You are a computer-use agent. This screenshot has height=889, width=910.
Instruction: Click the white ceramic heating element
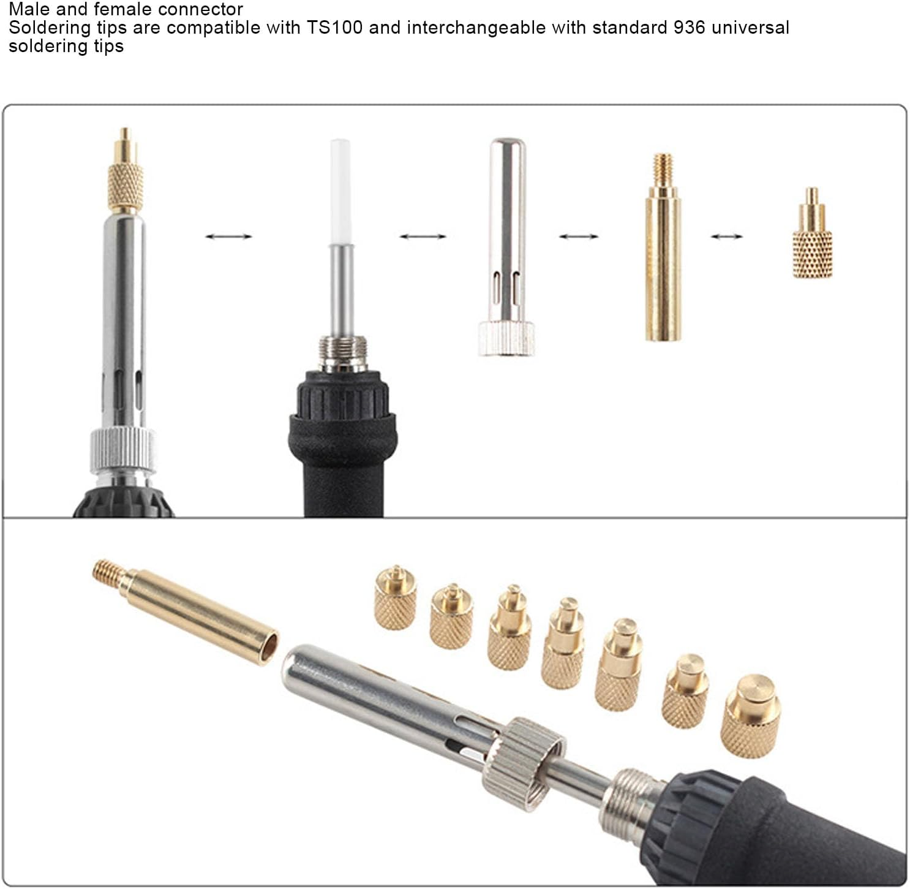[340, 191]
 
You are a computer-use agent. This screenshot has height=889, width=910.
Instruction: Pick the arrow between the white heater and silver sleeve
[423, 236]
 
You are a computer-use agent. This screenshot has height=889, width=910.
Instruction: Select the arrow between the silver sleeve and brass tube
[578, 236]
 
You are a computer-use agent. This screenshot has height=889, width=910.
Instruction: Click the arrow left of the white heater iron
[228, 236]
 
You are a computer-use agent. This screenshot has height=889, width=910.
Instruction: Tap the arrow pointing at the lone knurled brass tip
[726, 236]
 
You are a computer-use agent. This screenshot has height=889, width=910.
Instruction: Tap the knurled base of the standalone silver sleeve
[506, 339]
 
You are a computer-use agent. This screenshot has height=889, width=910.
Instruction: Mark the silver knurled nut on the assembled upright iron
[123, 450]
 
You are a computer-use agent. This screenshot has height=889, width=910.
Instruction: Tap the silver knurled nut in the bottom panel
[523, 757]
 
